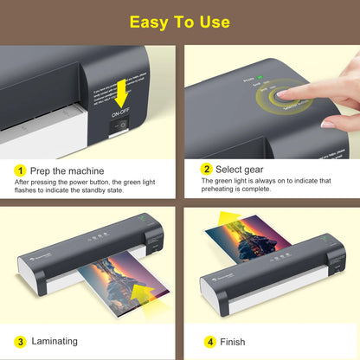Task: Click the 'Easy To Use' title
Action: [179, 21]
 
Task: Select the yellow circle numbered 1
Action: [20, 170]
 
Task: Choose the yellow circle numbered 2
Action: [207, 170]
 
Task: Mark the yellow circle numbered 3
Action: [20, 341]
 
